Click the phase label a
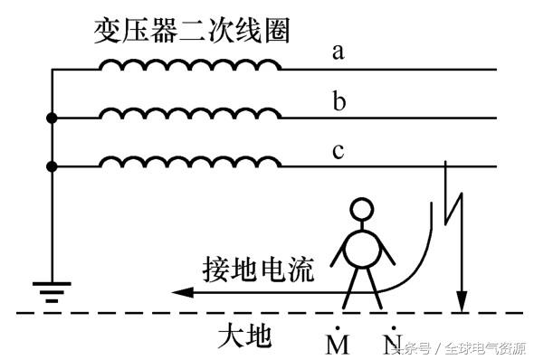(339, 52)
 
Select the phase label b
(339, 100)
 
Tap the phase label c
(339, 150)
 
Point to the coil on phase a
(189, 65)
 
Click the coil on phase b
(189, 114)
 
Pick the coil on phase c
(189, 163)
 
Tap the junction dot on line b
(52, 118)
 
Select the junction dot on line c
(52, 166)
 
